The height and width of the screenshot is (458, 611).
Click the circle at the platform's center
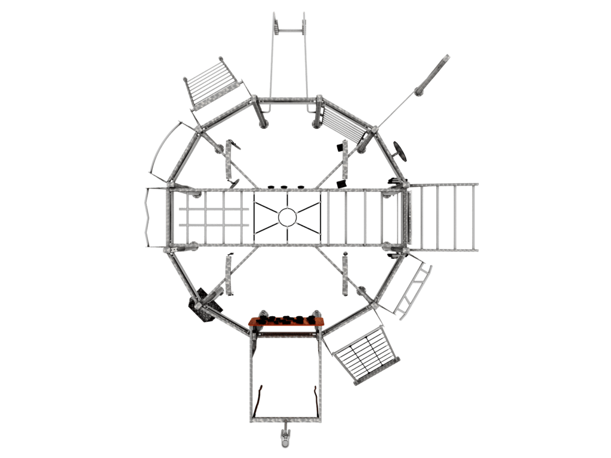click(286, 217)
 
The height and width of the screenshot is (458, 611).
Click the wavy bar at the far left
click(147, 217)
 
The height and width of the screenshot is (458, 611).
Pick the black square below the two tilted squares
click(341, 184)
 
